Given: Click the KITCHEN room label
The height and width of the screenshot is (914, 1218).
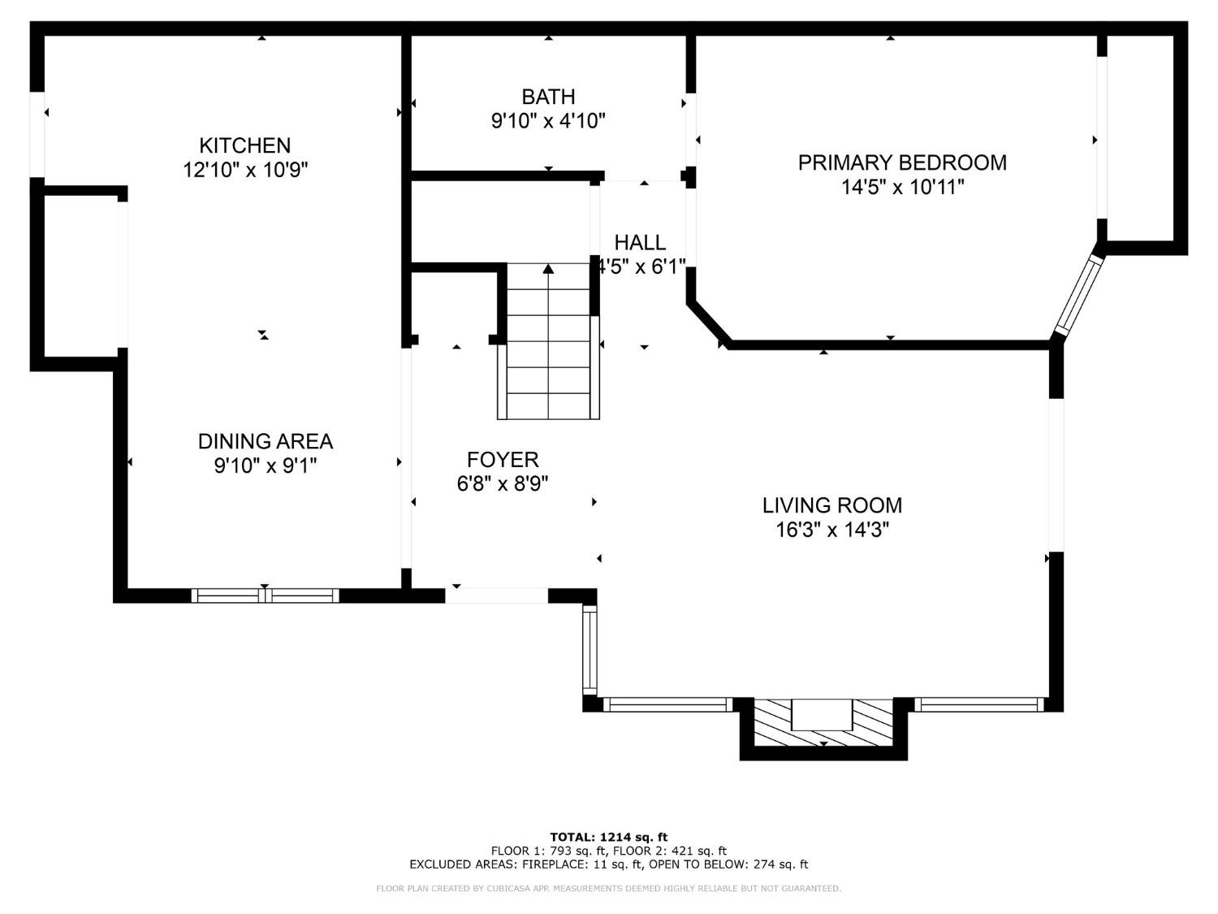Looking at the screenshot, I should [x=244, y=145].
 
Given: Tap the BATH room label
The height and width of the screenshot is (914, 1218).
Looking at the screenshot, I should [x=548, y=97].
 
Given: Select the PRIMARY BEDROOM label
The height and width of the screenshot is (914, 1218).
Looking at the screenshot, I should [x=902, y=162].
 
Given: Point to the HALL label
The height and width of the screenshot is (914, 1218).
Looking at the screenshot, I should [x=640, y=242].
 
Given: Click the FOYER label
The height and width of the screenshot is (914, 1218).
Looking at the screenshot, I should [x=503, y=459].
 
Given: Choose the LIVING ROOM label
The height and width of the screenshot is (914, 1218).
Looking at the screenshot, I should [x=831, y=505].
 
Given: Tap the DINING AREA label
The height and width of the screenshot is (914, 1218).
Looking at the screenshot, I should [x=265, y=441].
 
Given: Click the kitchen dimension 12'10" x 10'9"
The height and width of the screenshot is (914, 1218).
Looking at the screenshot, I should [x=244, y=171].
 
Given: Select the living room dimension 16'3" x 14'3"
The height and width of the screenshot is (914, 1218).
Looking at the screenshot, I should [x=831, y=531].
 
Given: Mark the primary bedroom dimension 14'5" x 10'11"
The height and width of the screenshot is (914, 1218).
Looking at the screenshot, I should [x=902, y=188].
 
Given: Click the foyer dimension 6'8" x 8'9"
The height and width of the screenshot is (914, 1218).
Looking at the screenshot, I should [x=503, y=484].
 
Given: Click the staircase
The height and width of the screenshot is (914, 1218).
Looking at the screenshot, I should [x=548, y=349].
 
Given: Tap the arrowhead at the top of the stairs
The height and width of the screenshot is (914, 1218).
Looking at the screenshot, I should [x=548, y=269].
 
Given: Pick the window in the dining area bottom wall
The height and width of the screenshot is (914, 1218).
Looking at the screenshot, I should [x=265, y=596].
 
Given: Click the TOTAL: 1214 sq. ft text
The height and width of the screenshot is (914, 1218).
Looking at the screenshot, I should [x=608, y=837].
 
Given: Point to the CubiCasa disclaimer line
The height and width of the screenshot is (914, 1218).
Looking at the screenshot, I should [x=608, y=889].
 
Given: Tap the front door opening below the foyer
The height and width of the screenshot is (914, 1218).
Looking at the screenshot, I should [x=496, y=596].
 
